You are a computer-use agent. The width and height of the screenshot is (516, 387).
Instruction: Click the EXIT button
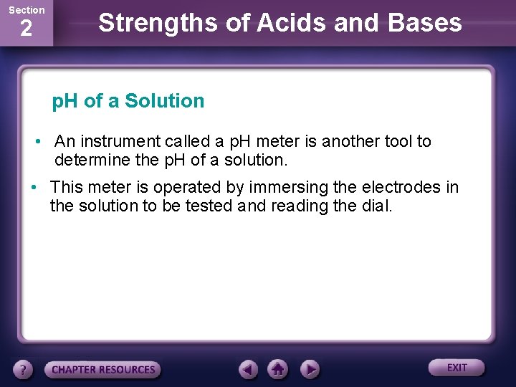[457, 368]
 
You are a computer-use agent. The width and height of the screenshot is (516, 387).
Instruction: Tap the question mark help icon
[24, 370]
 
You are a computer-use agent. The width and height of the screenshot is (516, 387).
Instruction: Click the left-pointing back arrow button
[248, 369]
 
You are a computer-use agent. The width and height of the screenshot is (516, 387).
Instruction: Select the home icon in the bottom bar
[278, 369]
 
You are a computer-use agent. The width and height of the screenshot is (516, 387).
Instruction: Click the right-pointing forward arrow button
[309, 369]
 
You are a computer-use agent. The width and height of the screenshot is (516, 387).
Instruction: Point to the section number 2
[26, 29]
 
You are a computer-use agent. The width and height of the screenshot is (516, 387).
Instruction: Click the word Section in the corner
[26, 10]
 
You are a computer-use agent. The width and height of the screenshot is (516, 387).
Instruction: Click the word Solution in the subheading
[164, 101]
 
